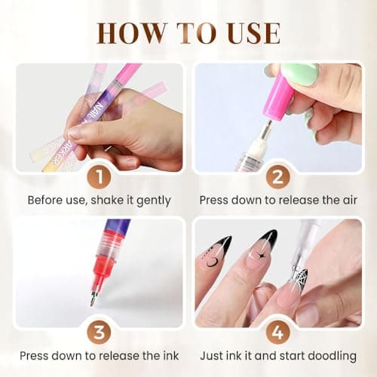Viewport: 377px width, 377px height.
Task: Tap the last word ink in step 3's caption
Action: pos(161,354)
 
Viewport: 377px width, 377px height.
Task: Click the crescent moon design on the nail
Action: pos(213,262)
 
